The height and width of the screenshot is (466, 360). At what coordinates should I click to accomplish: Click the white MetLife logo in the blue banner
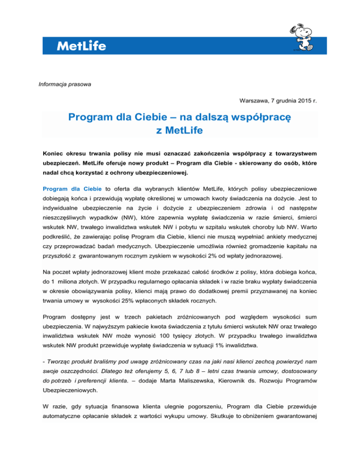(x=81, y=46)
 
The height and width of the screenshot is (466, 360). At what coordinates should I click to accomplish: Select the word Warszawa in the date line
(x=254, y=100)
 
